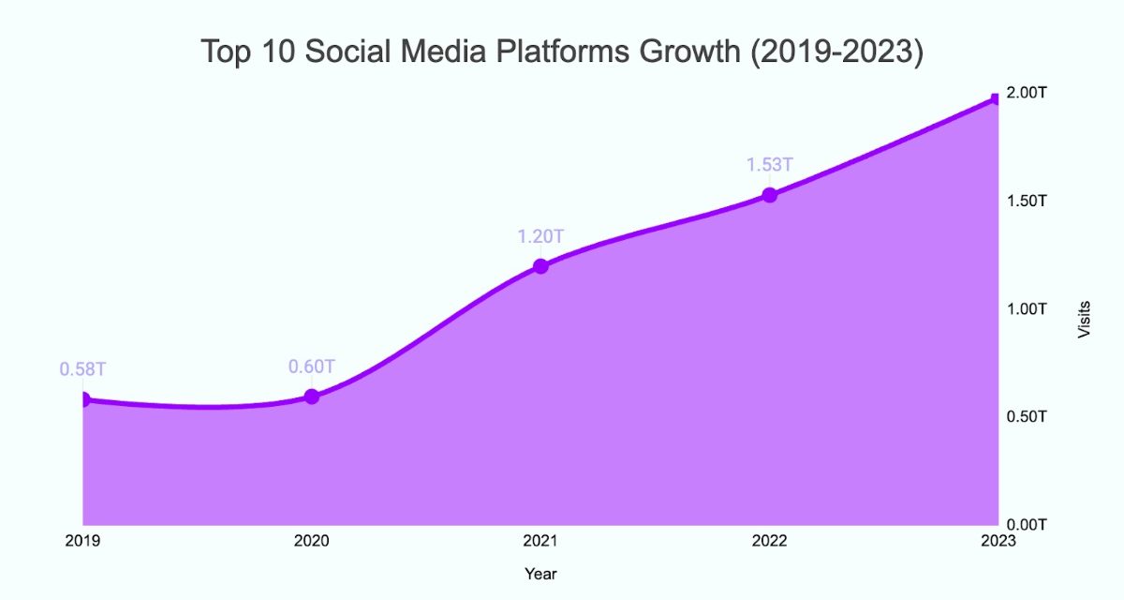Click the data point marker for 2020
tap(312, 397)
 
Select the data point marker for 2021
tap(540, 266)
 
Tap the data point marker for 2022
tap(769, 195)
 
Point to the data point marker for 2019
tap(84, 399)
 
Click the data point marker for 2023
tap(996, 98)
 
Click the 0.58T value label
tap(82, 369)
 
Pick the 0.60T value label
tap(312, 367)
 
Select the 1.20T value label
tap(540, 236)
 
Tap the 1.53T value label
tap(769, 165)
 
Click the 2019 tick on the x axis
tap(82, 541)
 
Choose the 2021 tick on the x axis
tap(540, 541)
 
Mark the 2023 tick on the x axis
tap(995, 541)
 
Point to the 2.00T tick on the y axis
tap(1027, 93)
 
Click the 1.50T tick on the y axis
tap(1027, 201)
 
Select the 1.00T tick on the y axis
tap(1027, 308)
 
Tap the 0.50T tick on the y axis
tap(1027, 415)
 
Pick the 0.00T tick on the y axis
tap(1027, 523)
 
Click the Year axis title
tap(540, 573)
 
